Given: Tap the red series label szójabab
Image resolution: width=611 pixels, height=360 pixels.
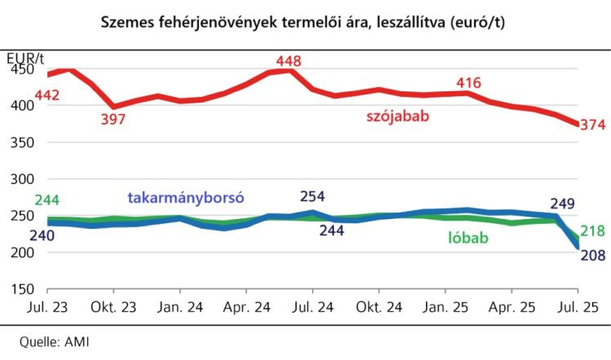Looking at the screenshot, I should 397,116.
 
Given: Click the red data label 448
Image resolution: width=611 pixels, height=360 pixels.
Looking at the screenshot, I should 289,61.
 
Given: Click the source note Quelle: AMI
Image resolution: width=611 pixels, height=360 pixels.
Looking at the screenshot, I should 54,341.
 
